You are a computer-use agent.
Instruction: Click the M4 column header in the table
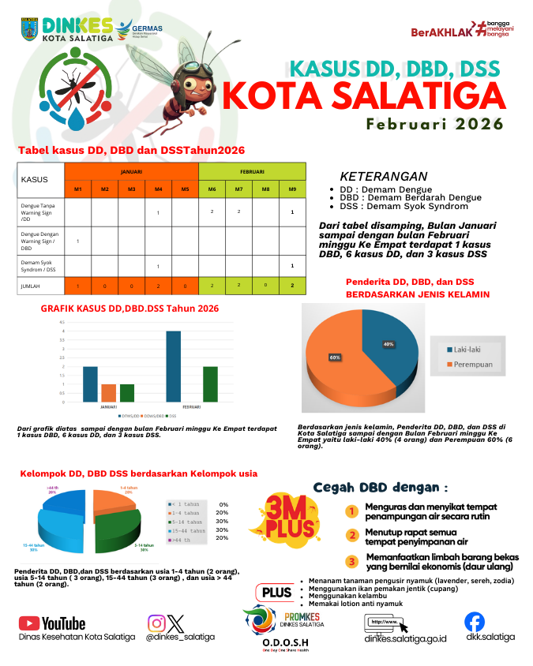tap(158, 189)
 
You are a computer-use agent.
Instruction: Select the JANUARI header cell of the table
tap(131, 171)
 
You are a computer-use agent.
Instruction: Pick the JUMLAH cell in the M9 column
tap(292, 286)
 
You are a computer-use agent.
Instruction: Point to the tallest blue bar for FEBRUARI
tap(174, 366)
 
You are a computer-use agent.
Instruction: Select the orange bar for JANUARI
tap(109, 393)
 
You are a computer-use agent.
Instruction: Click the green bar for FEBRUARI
tap(210, 384)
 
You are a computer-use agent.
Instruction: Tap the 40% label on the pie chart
tap(388, 344)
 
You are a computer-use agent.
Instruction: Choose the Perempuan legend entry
tap(472, 364)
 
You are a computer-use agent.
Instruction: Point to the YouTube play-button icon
tap(29, 623)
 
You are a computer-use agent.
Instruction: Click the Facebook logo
tap(475, 622)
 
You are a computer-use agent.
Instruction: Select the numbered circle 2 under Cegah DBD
tap(353, 535)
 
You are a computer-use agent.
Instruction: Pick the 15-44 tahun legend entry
tap(187, 531)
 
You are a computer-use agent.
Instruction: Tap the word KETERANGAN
tap(384, 177)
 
